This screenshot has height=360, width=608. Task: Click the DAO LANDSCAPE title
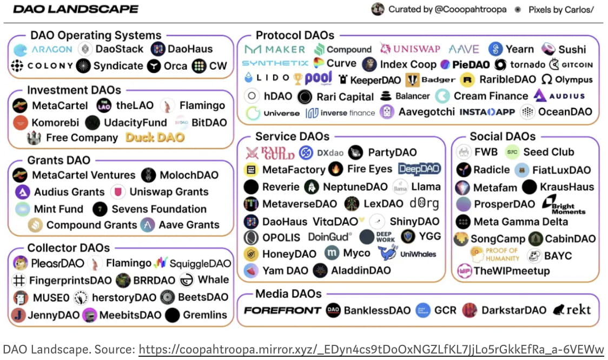(76, 9)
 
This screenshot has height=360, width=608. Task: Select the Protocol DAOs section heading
(295, 35)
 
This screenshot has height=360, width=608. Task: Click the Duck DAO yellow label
(155, 137)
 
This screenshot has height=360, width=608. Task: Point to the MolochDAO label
(189, 175)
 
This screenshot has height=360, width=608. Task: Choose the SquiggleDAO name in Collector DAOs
(200, 264)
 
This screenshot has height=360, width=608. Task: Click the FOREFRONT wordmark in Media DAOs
(282, 310)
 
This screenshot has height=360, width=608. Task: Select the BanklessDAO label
(377, 310)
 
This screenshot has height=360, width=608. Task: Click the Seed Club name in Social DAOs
(548, 152)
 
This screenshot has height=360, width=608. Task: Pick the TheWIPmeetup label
(511, 271)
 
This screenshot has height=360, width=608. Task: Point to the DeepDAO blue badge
(419, 169)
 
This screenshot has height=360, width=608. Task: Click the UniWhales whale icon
(387, 252)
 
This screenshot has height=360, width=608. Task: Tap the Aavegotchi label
(426, 112)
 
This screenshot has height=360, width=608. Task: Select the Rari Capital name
(345, 97)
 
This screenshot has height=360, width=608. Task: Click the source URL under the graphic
(371, 349)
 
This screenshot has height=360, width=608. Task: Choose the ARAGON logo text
(51, 49)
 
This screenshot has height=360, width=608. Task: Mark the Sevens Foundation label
(159, 209)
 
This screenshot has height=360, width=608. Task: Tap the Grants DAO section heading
(58, 160)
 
